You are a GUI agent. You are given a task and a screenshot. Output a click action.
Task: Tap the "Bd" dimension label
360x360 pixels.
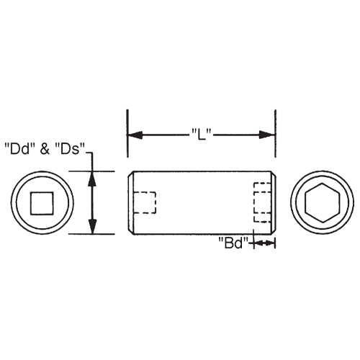coord(233,243)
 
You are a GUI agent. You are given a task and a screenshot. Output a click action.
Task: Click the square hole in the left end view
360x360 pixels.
coord(41,203)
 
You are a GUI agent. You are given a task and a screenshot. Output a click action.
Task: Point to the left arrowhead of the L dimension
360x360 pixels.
coord(133,135)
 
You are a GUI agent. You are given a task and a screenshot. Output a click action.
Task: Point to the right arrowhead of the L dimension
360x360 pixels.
coord(270,135)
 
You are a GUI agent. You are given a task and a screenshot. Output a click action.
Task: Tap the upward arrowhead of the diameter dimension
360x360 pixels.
coord(92,176)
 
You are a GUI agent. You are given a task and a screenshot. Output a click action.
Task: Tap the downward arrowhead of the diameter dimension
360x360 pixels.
coord(92,228)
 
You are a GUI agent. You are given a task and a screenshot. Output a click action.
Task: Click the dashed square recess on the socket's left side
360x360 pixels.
coord(145,202)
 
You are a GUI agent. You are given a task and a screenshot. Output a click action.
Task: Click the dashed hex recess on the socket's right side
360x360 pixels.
coord(262,203)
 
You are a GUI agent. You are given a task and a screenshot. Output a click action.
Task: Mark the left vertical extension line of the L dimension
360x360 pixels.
coord(127,133)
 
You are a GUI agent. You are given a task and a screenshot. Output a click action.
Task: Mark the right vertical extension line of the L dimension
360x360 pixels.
coord(276,133)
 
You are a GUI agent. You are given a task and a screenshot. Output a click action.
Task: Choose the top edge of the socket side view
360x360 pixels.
coord(202,171)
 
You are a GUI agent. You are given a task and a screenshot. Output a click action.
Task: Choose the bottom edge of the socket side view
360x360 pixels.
coord(202,234)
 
